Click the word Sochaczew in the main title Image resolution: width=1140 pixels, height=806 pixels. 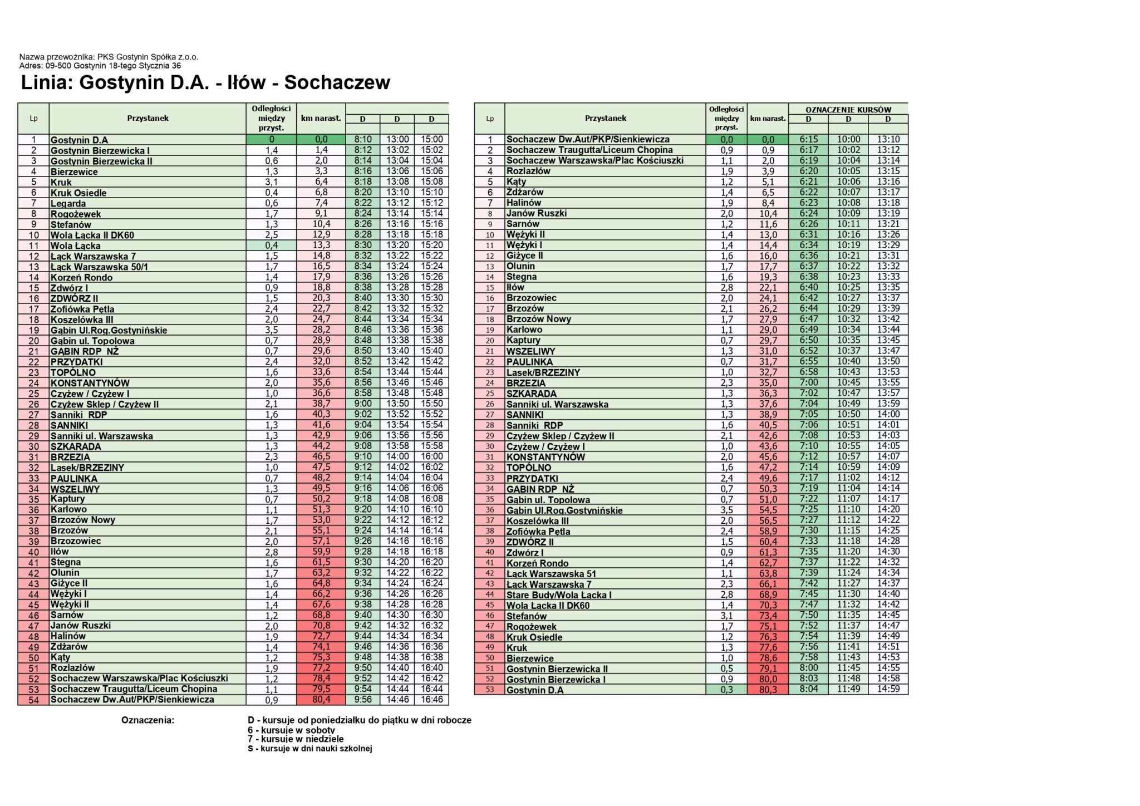[337, 83]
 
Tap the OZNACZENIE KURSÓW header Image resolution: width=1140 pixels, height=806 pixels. [848, 110]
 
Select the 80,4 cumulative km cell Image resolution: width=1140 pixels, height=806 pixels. [321, 700]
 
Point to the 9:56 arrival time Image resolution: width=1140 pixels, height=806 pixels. [363, 700]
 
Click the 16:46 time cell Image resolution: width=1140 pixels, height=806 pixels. [431, 700]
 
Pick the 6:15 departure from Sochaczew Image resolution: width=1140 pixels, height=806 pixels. [808, 140]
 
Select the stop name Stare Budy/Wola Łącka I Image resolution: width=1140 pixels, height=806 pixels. [559, 595]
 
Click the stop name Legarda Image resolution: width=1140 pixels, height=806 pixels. [68, 204]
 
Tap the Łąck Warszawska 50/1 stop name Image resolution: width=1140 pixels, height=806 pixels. [99, 267]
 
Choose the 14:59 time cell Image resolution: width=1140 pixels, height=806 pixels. [888, 690]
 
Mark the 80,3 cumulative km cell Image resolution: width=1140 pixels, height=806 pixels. [767, 690]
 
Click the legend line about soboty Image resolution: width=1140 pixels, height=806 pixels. [291, 730]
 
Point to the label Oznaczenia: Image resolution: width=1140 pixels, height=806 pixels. [148, 720]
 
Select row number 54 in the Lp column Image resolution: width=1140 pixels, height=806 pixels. [33, 700]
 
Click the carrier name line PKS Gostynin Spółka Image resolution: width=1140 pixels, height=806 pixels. [109, 57]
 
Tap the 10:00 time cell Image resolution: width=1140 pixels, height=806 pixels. [848, 140]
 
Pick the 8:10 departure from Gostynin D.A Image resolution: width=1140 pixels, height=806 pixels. [363, 140]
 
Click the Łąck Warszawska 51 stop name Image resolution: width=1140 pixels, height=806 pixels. [551, 574]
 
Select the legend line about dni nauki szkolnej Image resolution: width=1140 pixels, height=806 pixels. [309, 749]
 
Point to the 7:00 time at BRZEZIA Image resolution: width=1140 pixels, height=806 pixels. [808, 383]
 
